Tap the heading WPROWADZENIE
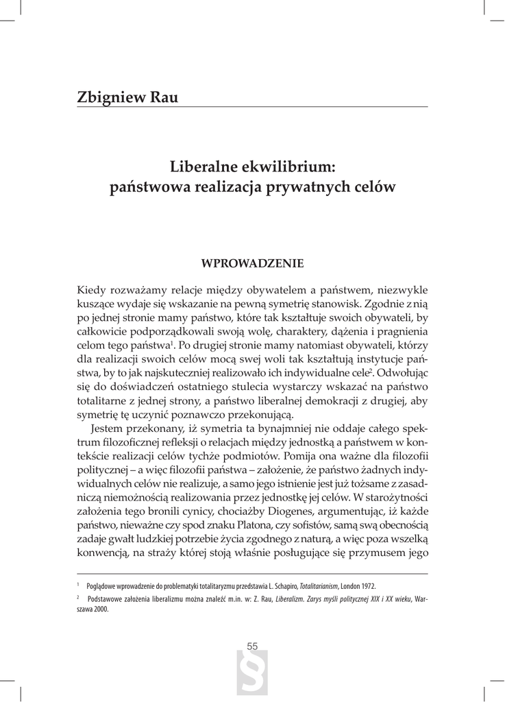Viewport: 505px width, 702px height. point(251,263)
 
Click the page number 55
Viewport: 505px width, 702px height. point(252,646)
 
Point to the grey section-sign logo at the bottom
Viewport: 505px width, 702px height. point(251,675)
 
